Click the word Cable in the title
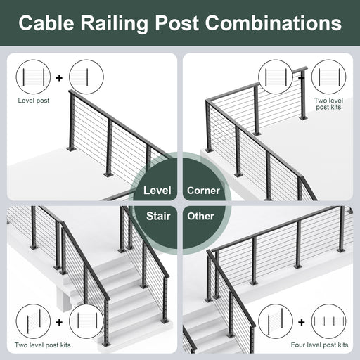[46, 22]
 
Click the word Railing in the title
[115, 24]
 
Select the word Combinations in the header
[274, 22]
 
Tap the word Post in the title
[176, 23]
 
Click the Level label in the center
[157, 191]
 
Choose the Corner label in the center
[203, 191]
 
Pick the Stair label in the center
[158, 216]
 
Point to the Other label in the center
[200, 216]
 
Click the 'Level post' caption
[34, 101]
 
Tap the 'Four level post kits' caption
[319, 345]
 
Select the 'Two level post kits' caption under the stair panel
[42, 345]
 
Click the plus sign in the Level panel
[59, 77]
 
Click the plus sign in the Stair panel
[59, 322]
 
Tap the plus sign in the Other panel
[302, 322]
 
